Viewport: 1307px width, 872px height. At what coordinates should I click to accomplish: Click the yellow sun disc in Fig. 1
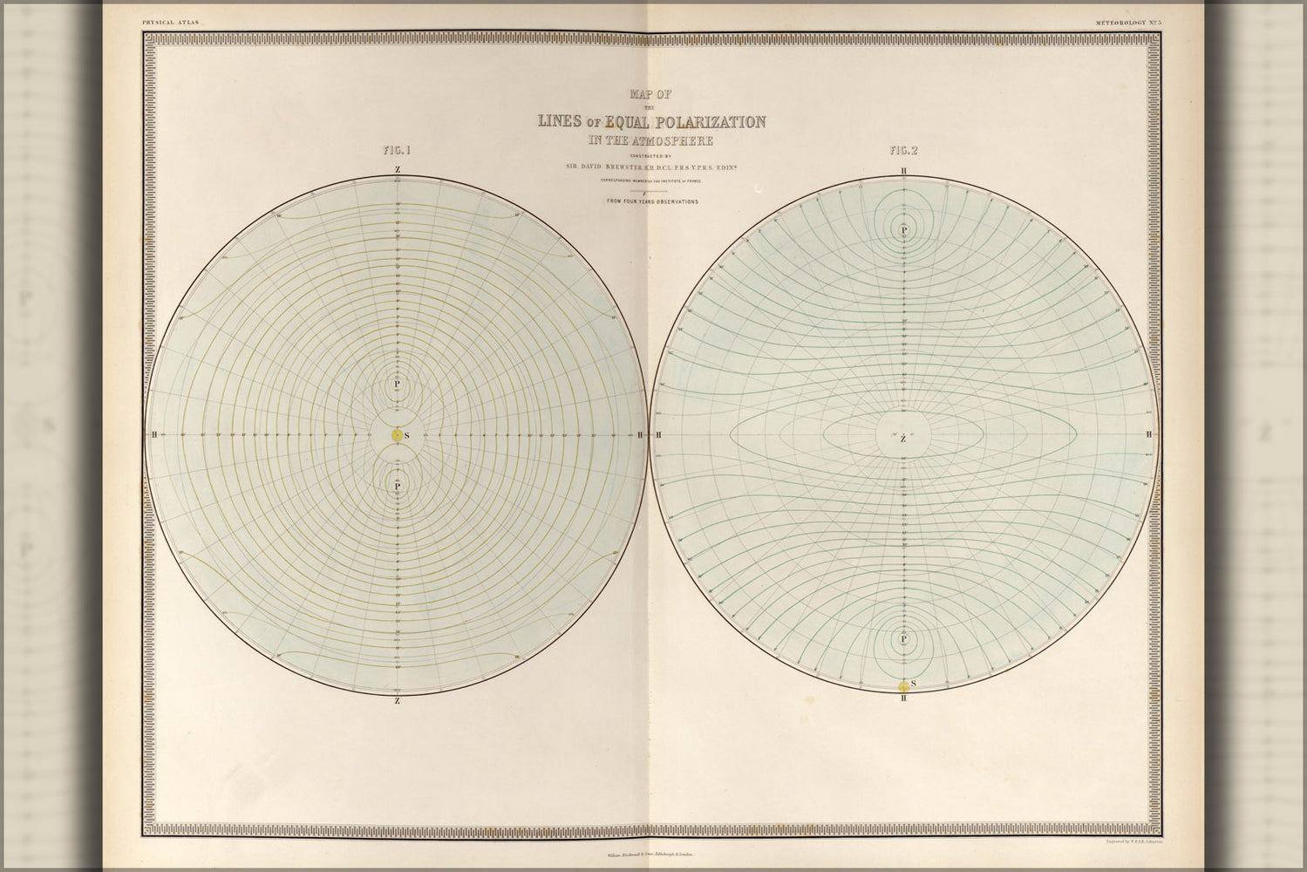pos(397,434)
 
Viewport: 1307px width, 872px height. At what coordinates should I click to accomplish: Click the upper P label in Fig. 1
pos(397,384)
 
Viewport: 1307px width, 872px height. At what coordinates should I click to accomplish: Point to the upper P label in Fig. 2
pos(904,230)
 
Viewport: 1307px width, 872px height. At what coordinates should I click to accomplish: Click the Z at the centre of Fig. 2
pos(903,439)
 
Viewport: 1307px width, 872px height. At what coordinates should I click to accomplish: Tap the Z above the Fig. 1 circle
pos(398,169)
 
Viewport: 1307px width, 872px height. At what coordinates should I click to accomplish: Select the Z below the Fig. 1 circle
pos(398,700)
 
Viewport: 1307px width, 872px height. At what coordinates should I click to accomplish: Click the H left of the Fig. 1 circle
pos(154,434)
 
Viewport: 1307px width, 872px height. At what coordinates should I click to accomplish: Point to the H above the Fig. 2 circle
pos(904,171)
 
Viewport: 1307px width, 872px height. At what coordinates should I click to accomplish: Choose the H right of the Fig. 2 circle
pos(1150,434)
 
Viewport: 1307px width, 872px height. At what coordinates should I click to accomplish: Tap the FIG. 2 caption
pos(903,150)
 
